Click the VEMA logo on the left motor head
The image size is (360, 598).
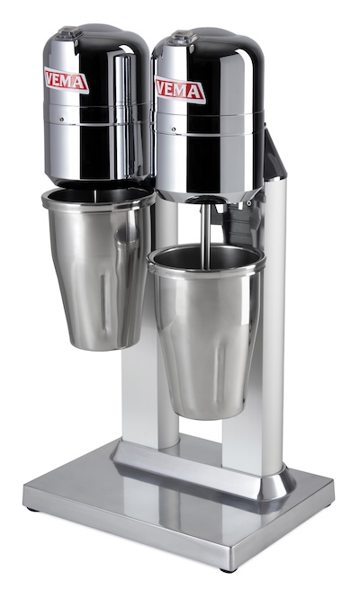(x=67, y=80)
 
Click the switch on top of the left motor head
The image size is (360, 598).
(x=69, y=32)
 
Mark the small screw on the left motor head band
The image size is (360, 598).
(x=62, y=120)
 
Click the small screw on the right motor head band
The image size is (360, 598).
(x=174, y=129)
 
